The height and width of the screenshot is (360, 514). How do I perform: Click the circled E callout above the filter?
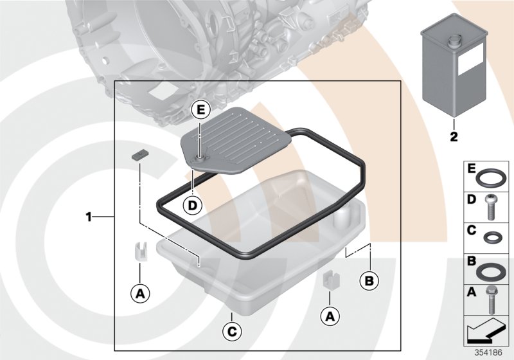coord(200,111)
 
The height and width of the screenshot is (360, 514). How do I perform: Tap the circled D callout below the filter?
coord(191,206)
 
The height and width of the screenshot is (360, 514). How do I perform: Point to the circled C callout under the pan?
coord(231,332)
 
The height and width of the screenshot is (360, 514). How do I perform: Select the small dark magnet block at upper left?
coord(140,155)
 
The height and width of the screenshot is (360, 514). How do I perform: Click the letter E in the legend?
coord(471,169)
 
